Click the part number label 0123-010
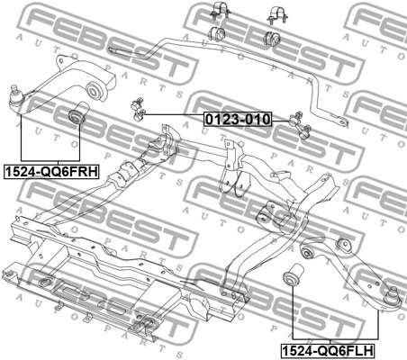coord(238,119)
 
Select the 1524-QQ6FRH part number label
coord(51,172)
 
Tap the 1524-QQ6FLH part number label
coord(328,350)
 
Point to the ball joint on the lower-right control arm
coord(393,295)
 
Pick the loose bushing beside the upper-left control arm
coord(77,112)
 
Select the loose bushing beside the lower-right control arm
coord(294,274)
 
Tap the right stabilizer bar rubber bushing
coord(272,38)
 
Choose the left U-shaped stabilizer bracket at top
coord(221,11)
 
